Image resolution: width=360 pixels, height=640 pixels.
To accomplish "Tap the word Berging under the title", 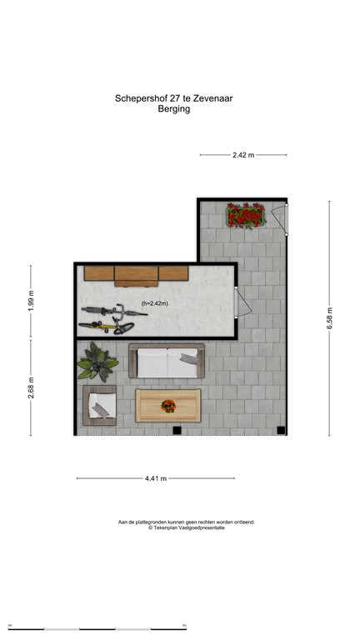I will pyautogui.click(x=174, y=108).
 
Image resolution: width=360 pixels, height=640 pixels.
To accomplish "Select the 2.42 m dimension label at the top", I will pyautogui.click(x=242, y=155).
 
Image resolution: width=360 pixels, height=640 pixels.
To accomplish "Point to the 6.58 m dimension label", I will pyautogui.click(x=329, y=317).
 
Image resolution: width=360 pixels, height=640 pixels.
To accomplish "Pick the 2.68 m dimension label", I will pyautogui.click(x=32, y=388).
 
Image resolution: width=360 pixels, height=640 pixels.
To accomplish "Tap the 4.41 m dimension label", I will pyautogui.click(x=156, y=478).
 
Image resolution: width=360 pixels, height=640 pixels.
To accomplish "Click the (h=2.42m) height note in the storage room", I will pyautogui.click(x=154, y=304).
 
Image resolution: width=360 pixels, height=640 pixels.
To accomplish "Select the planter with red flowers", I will pyautogui.click(x=246, y=216).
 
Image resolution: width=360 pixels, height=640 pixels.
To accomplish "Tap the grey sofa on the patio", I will pyautogui.click(x=167, y=360).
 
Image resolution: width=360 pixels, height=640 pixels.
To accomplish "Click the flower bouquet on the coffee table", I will pyautogui.click(x=168, y=407).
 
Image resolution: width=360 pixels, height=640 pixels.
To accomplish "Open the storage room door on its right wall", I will pyautogui.click(x=241, y=301).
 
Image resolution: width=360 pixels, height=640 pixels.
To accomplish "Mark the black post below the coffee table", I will pyautogui.click(x=176, y=430).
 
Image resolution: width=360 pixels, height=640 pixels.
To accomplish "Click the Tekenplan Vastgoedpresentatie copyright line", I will pyautogui.click(x=187, y=528).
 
